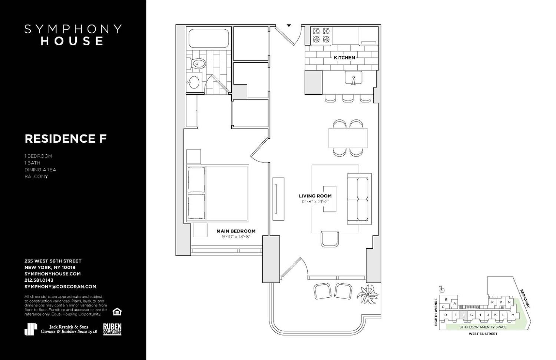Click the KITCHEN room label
(x=344, y=57)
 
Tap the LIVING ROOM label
(x=315, y=196)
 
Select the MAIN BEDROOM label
(x=236, y=231)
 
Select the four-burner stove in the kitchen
(x=321, y=35)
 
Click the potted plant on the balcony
(x=368, y=294)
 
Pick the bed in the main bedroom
(x=217, y=194)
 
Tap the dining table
(x=348, y=138)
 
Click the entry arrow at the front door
(x=289, y=26)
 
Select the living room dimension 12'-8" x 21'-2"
(x=315, y=202)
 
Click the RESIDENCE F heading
(x=66, y=139)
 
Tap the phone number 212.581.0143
(x=39, y=280)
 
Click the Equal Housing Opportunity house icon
(x=117, y=311)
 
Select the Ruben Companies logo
(x=112, y=329)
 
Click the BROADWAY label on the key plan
(x=525, y=298)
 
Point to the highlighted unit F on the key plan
(x=463, y=315)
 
